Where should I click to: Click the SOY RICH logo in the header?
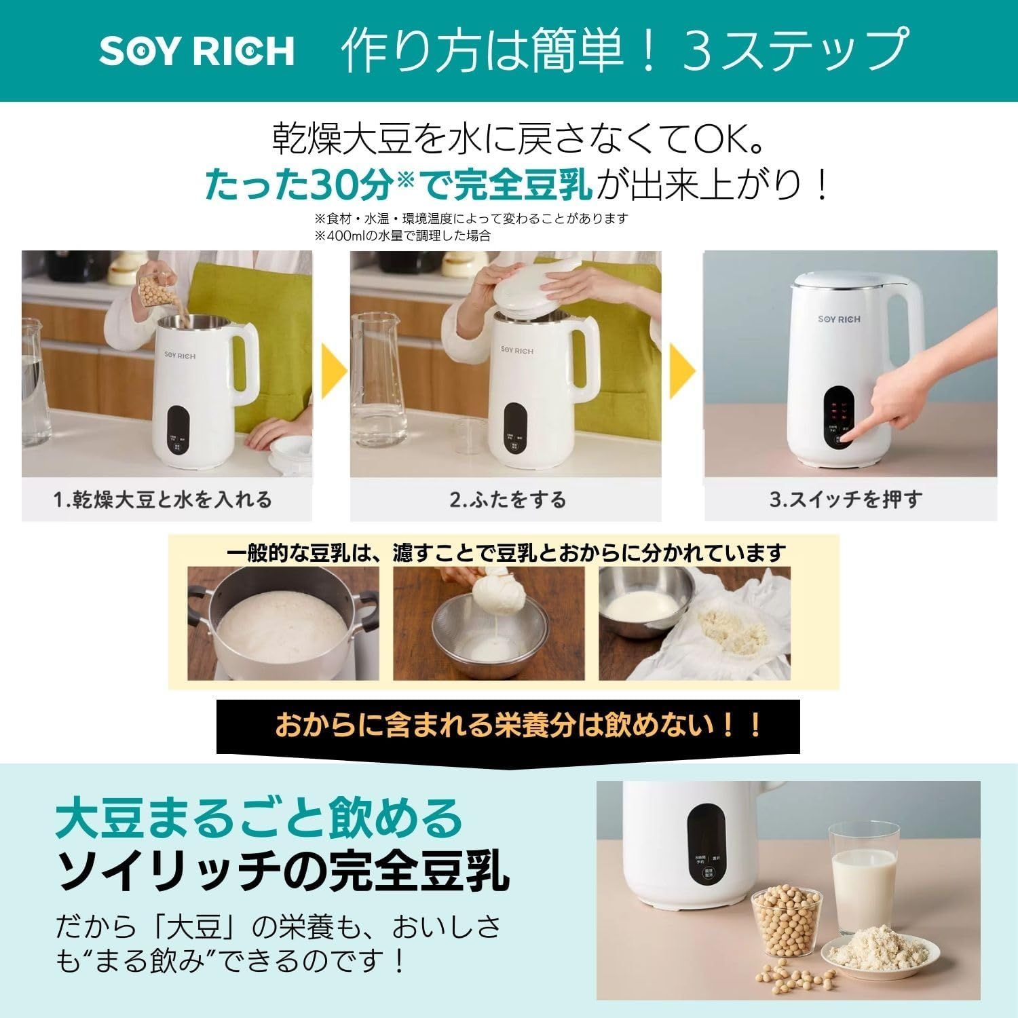[x=197, y=51]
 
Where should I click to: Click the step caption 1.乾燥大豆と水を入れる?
[x=163, y=500]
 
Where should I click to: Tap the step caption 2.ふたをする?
[x=508, y=500]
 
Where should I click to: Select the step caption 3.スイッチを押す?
[x=846, y=500]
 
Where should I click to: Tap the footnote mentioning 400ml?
[x=402, y=235]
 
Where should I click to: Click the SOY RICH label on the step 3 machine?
[x=839, y=318]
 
